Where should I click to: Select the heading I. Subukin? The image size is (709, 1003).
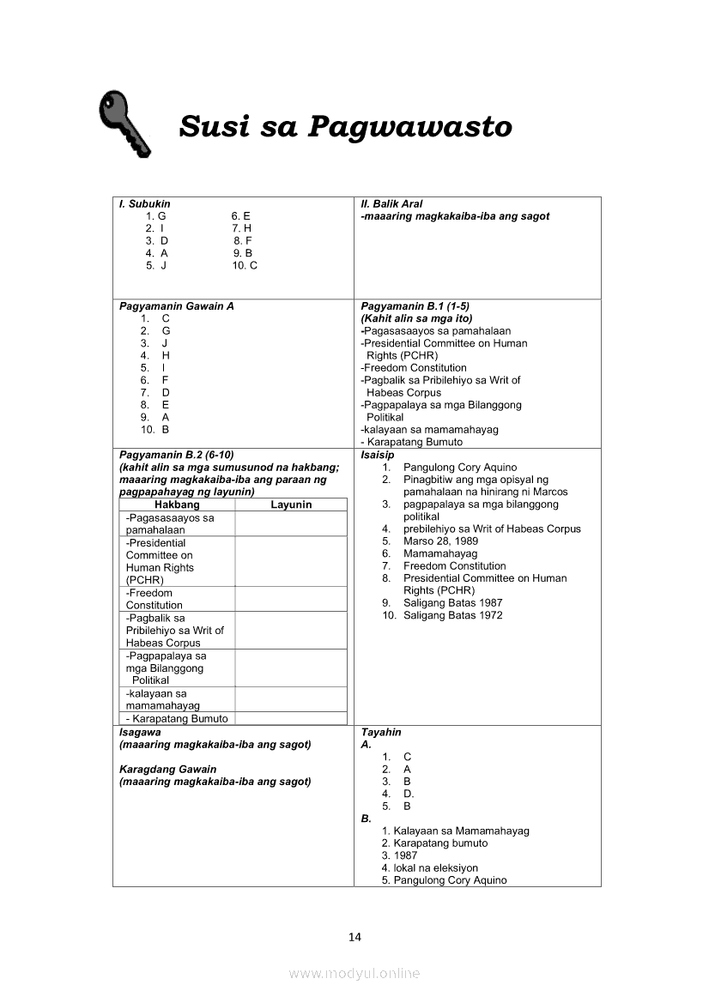[x=144, y=204]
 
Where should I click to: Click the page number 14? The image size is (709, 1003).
[x=354, y=936]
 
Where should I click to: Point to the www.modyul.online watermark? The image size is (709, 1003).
[x=354, y=973]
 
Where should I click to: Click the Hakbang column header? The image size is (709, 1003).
[x=177, y=505]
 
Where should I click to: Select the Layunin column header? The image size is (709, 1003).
[x=291, y=505]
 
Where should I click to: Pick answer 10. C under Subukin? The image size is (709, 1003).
[x=245, y=266]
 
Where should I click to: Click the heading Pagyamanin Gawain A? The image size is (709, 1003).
[x=176, y=306]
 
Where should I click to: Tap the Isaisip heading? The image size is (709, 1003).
[x=378, y=455]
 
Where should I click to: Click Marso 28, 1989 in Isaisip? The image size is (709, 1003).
[x=440, y=541]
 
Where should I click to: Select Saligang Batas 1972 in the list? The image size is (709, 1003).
[x=452, y=615]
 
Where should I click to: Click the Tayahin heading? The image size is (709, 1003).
[x=381, y=733]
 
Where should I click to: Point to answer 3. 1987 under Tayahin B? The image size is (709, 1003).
[x=400, y=855]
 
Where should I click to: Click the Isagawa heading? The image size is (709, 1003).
[x=140, y=733]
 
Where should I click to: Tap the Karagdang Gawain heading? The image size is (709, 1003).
[x=168, y=770]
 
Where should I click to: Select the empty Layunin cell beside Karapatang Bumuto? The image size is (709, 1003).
[x=291, y=719]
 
